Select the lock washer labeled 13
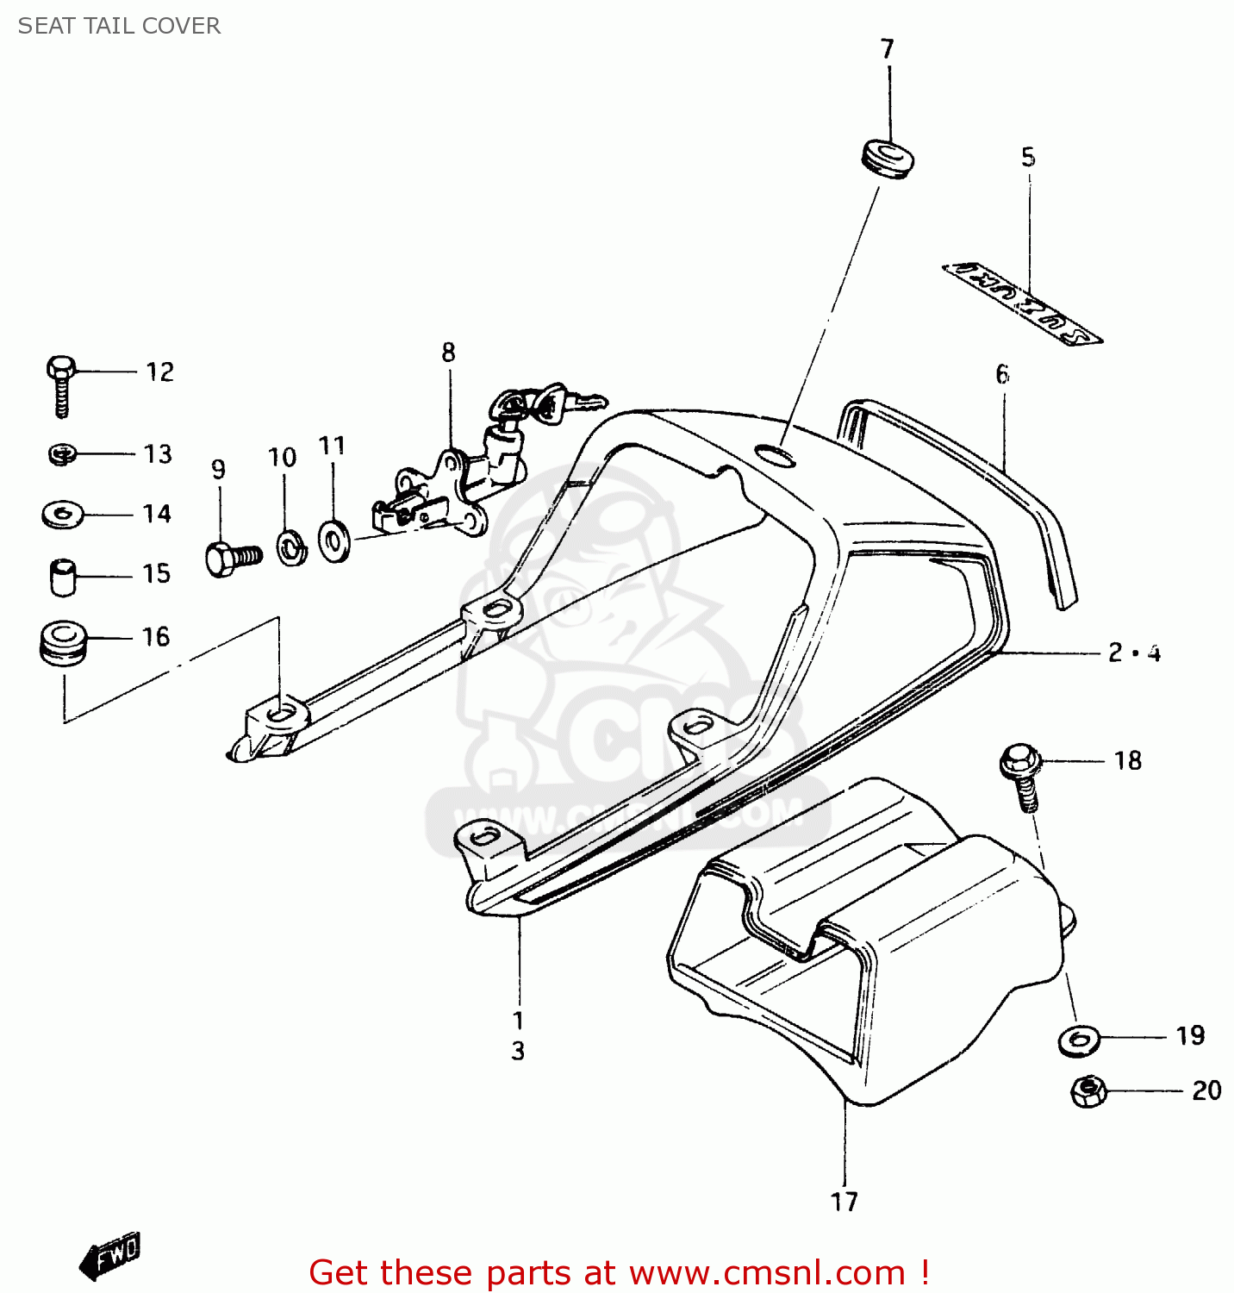point(62,453)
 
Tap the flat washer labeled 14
point(62,515)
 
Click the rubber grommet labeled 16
point(63,640)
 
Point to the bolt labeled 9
point(231,557)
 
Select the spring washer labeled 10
point(291,548)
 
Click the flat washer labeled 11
point(333,540)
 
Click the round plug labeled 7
point(888,158)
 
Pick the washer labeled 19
point(1079,1040)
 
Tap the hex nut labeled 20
point(1088,1091)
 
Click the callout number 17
point(844,1201)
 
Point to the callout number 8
point(448,352)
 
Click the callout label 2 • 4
point(1134,653)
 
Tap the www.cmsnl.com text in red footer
point(767,1273)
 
